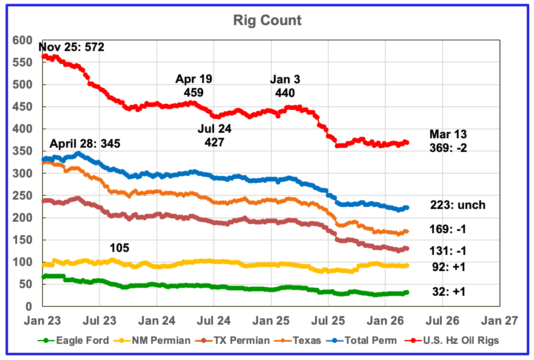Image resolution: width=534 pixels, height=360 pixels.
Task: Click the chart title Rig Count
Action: (x=267, y=20)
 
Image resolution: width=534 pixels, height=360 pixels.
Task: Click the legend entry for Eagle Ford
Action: (x=78, y=340)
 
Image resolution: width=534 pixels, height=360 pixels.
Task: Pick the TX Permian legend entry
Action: (x=240, y=340)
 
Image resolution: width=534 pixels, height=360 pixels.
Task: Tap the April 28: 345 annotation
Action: (x=85, y=143)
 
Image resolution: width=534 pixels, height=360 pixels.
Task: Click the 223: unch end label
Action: (x=457, y=205)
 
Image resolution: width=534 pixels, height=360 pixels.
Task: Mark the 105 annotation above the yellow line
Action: (x=119, y=248)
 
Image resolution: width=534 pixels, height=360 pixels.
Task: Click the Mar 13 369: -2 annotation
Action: (x=447, y=142)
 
